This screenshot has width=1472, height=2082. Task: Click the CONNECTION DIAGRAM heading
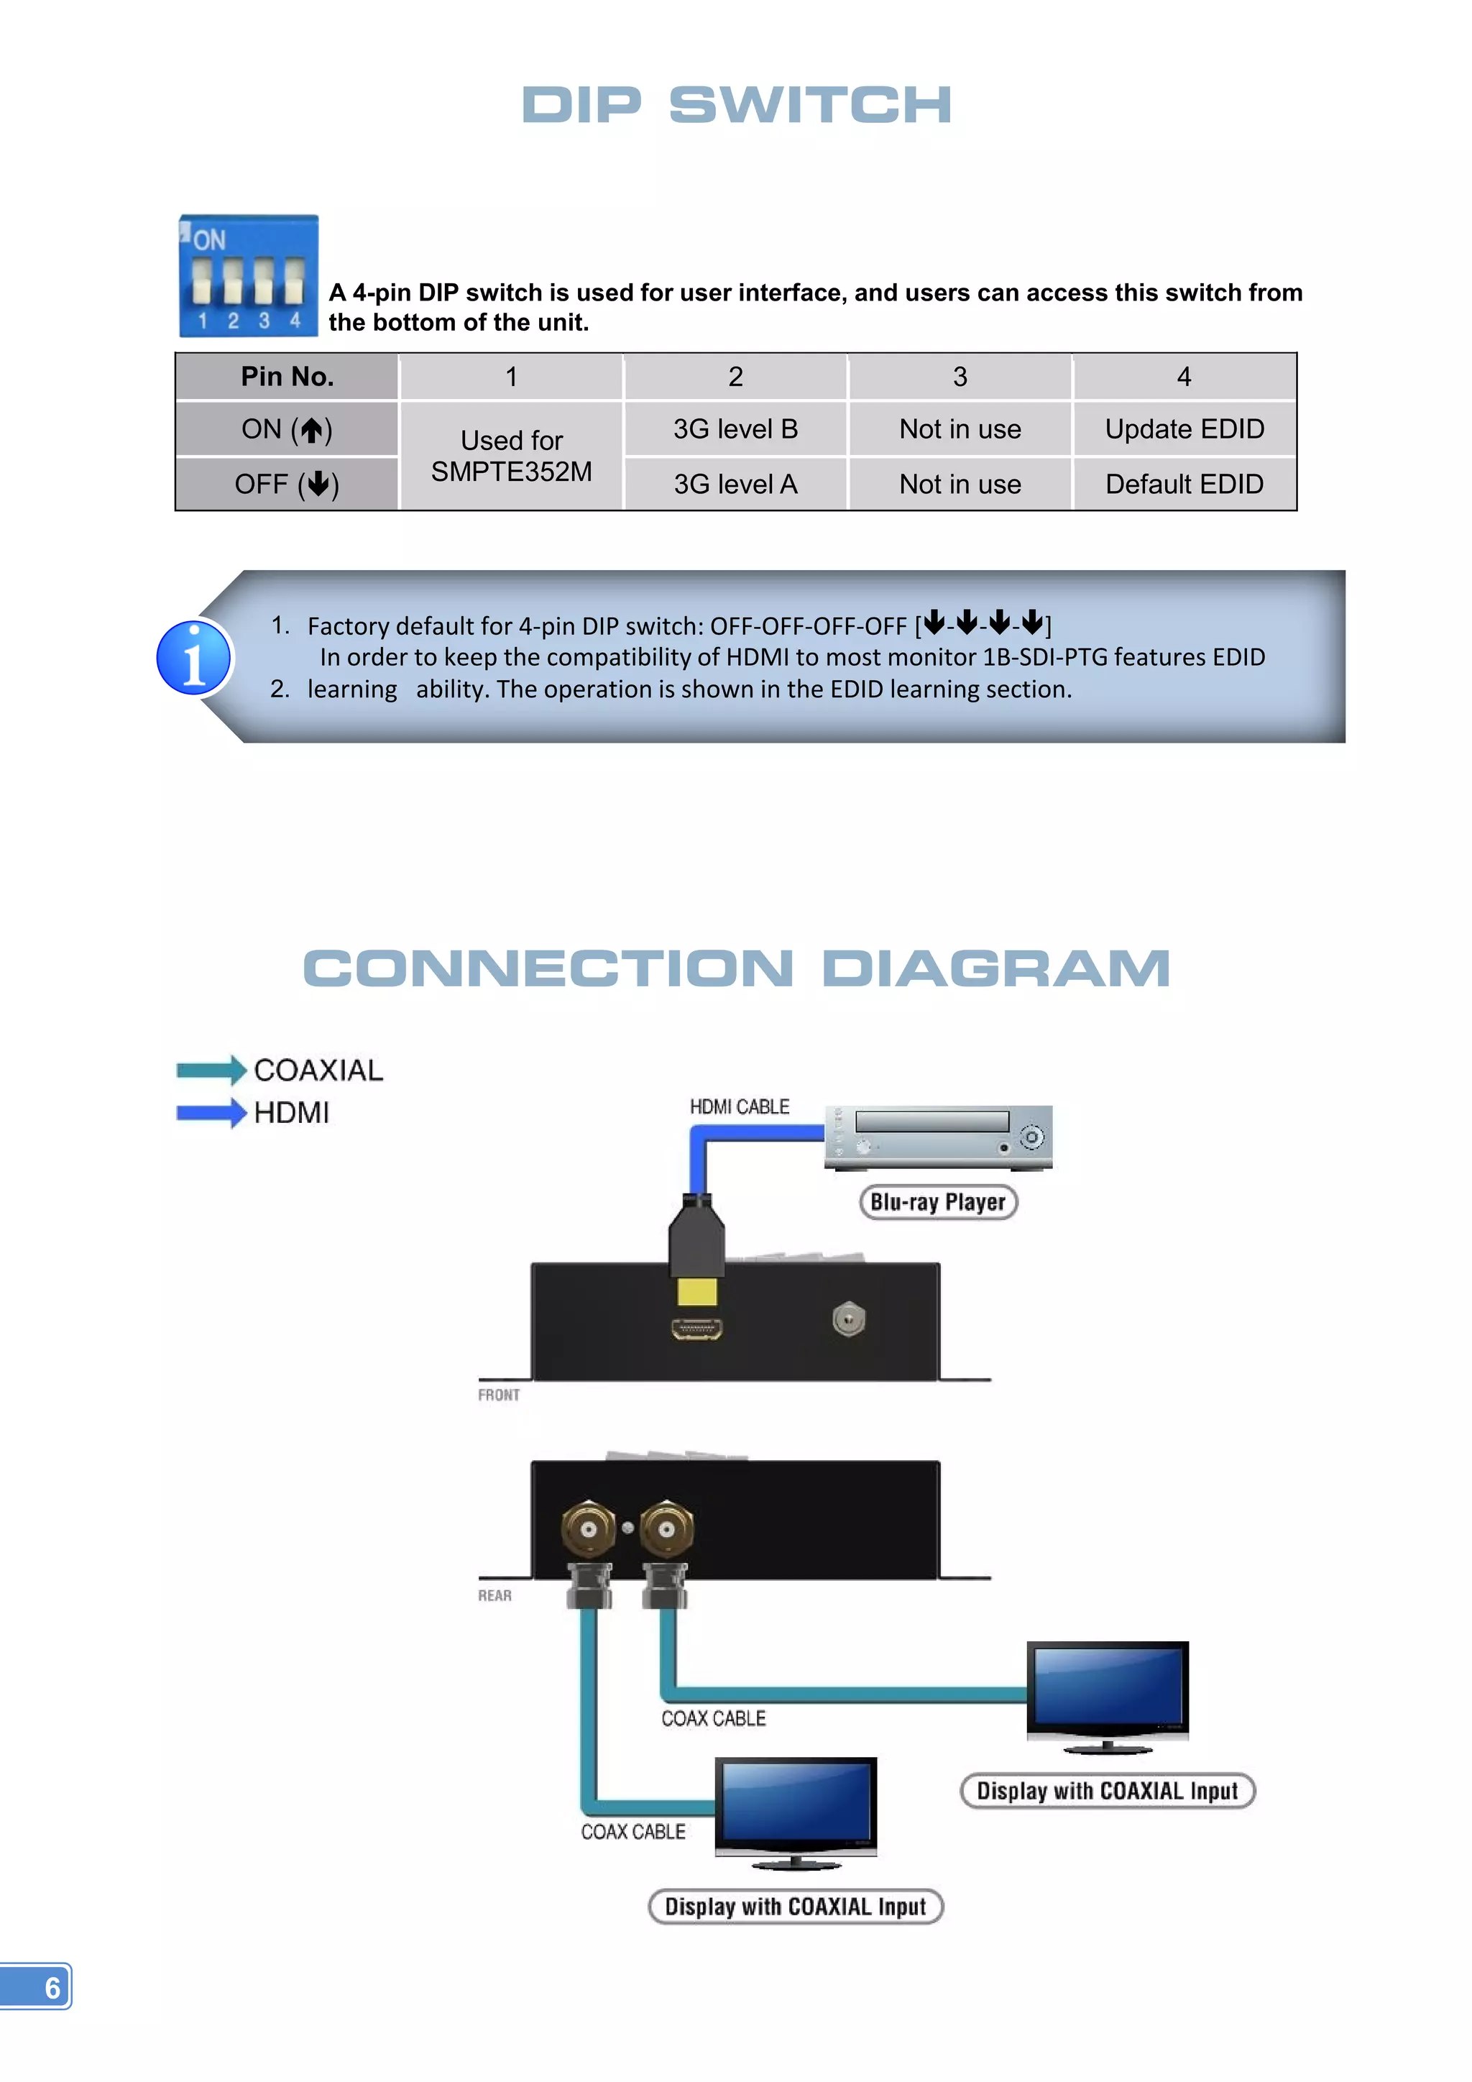(x=736, y=968)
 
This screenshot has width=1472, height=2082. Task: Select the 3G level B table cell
(x=735, y=429)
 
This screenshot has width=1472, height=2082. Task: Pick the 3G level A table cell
(x=735, y=485)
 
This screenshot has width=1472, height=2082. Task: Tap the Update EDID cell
(x=1184, y=429)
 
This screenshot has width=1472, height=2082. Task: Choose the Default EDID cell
(x=1184, y=485)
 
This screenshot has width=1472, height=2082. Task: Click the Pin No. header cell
(x=287, y=376)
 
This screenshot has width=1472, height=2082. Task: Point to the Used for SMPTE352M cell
(x=511, y=456)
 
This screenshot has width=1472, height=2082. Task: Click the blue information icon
(x=194, y=657)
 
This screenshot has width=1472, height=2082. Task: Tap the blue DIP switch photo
(x=249, y=277)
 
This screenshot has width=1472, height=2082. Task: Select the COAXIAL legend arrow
(x=211, y=1070)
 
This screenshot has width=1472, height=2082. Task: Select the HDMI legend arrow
(x=211, y=1113)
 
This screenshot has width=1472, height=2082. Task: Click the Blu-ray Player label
(x=938, y=1203)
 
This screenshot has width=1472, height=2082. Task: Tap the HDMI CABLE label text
(x=739, y=1107)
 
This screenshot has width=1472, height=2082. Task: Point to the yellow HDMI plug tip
(x=697, y=1291)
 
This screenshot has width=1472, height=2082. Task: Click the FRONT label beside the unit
(x=499, y=1395)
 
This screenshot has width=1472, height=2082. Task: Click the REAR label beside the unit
(x=495, y=1596)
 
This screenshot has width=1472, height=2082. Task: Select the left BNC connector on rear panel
(x=588, y=1530)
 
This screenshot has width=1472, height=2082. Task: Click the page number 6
(x=52, y=1988)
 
